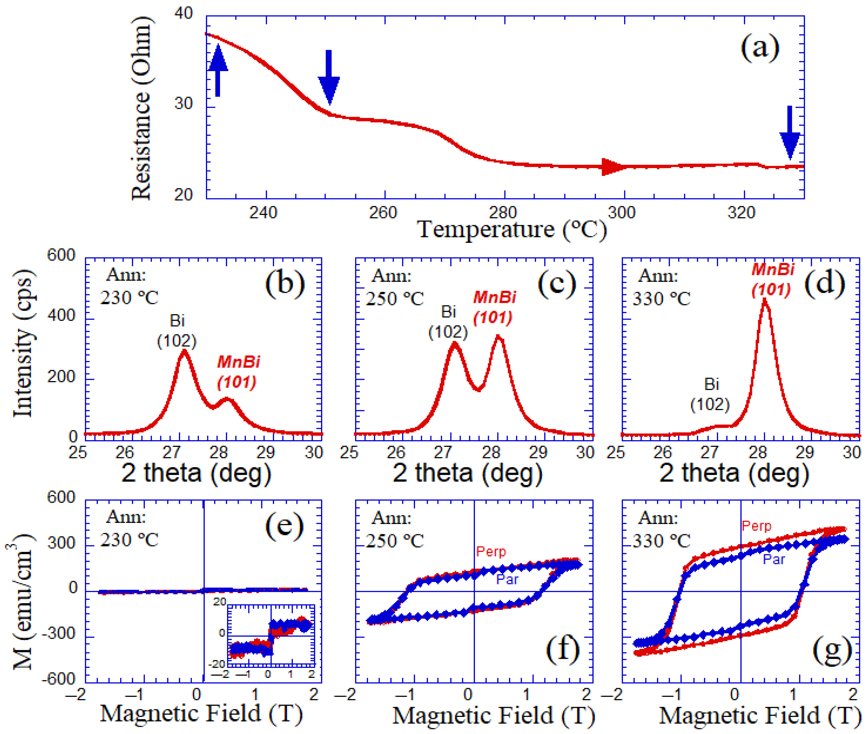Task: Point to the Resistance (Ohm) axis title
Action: [x=141, y=108]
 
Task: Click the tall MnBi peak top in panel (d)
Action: [x=764, y=300]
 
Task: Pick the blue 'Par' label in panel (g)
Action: [x=774, y=559]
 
